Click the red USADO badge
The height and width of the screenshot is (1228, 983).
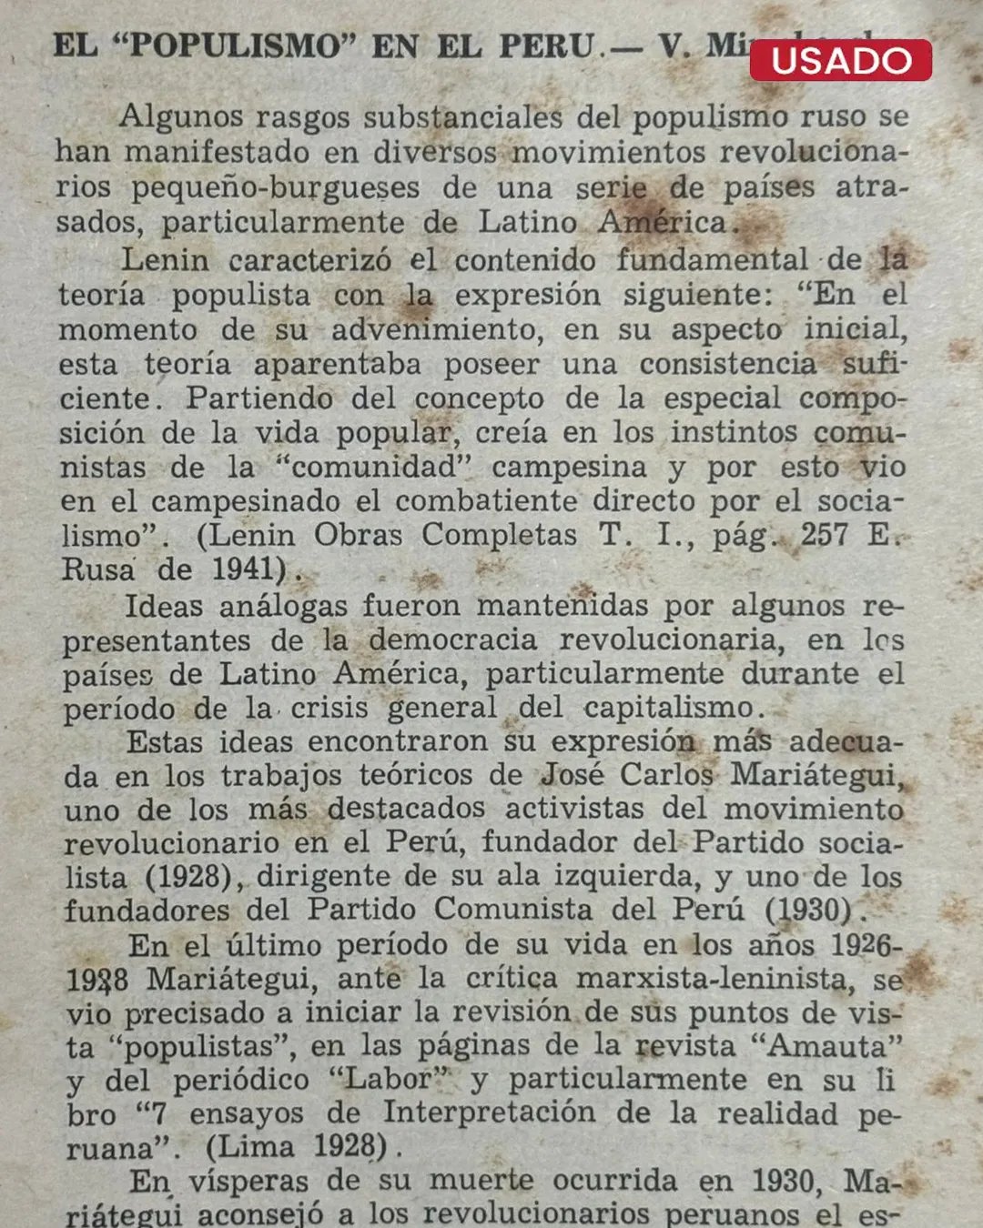(x=840, y=60)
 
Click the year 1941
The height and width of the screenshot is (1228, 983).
(x=243, y=569)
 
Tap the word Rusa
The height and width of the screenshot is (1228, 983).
(x=97, y=569)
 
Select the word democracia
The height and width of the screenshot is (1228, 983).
(x=452, y=639)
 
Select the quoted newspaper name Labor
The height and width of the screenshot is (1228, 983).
(x=392, y=1079)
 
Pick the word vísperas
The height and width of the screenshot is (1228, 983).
(x=251, y=1181)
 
